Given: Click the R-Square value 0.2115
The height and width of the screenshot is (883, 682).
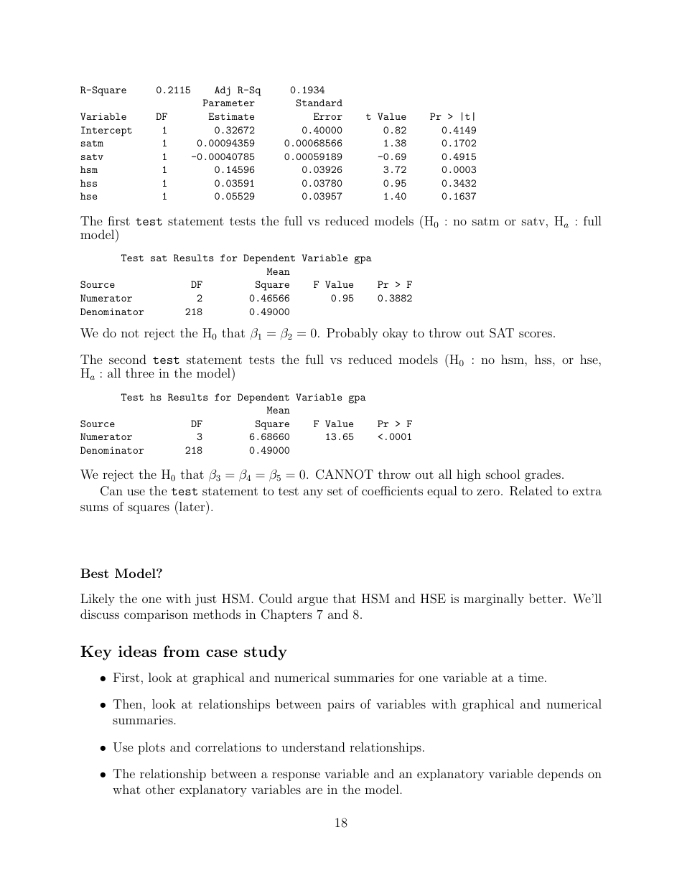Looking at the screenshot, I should tap(173, 90).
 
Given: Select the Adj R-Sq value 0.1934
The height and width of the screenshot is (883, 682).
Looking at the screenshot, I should tap(307, 90).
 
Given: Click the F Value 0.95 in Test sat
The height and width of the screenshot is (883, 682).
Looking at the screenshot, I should tap(342, 299).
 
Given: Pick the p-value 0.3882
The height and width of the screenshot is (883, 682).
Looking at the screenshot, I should tap(395, 299).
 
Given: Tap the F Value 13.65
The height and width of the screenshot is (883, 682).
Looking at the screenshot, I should tap(339, 437).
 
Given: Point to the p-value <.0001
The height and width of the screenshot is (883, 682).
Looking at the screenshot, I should tap(395, 437).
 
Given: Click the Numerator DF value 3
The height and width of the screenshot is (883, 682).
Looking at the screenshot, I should tap(199, 437).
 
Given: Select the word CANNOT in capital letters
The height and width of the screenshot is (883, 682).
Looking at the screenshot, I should tap(342, 475).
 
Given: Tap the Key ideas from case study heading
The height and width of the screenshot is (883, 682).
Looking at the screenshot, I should tap(183, 652).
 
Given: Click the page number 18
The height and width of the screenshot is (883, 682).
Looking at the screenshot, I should tap(341, 823).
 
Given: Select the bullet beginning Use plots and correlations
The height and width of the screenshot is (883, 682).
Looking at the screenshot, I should tap(268, 747).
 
